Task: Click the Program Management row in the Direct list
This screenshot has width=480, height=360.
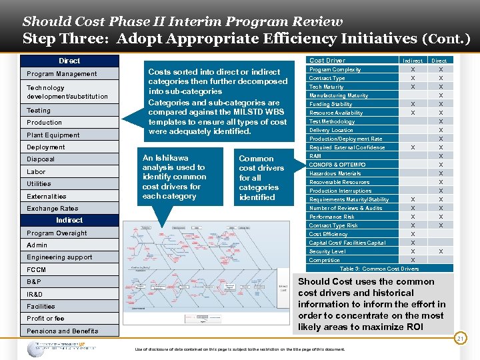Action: coord(61,74)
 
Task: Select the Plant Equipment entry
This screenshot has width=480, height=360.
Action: coord(53,135)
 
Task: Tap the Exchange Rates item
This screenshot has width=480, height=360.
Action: coord(52,209)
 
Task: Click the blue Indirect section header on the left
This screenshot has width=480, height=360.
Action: coord(69,220)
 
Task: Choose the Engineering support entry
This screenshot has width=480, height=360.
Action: coord(59,257)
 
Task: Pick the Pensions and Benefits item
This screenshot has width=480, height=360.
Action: coord(62,331)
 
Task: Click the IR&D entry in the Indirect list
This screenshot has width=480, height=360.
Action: coord(34,294)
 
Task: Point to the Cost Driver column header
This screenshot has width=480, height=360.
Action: coord(327,61)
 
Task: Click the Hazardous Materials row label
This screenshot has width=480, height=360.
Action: coord(335,173)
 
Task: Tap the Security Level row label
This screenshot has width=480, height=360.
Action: coord(327,251)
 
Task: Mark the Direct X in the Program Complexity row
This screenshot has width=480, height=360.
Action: coord(441,69)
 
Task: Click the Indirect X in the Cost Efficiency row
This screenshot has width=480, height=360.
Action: coord(413,234)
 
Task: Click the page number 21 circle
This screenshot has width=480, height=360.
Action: coord(459,339)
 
